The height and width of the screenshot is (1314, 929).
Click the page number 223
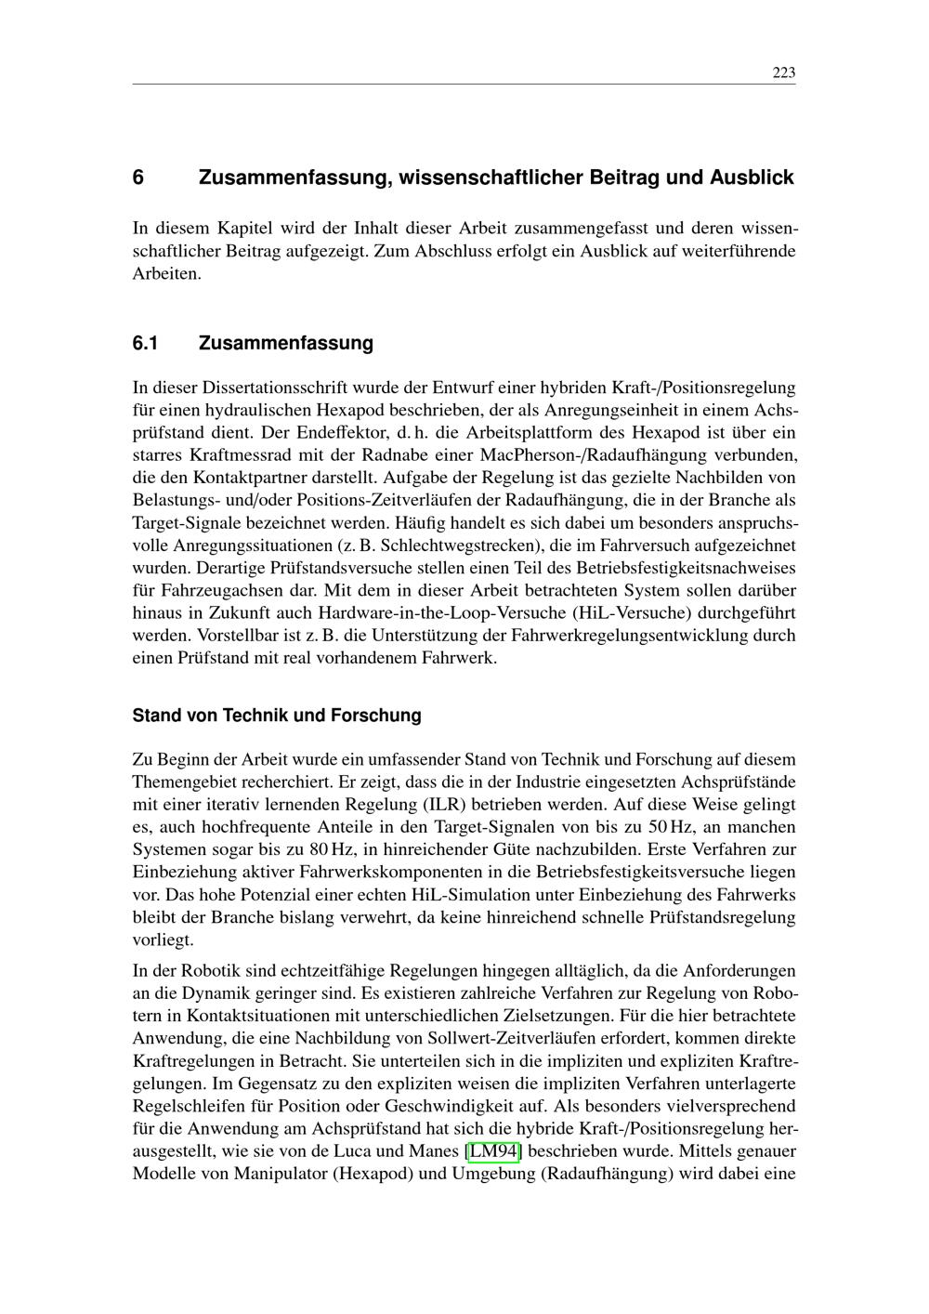click(x=783, y=73)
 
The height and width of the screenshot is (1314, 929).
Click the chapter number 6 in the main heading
click(x=138, y=177)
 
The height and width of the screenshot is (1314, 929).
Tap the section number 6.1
click(x=145, y=344)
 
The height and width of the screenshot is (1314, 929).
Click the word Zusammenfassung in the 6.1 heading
click(x=285, y=344)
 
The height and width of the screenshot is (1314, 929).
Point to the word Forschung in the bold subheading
click(x=376, y=716)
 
